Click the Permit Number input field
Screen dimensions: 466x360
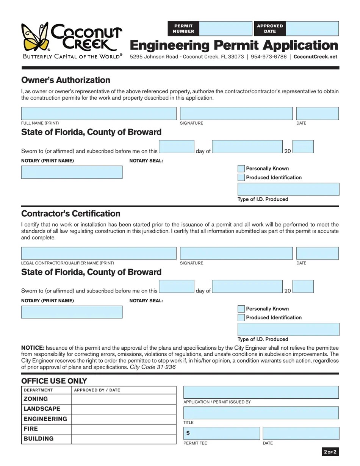[x=225, y=28]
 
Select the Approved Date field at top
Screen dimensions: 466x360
[x=312, y=28]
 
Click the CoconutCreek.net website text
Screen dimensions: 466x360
[x=315, y=57]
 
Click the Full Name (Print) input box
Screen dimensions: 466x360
[x=99, y=114]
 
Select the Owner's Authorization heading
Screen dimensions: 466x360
[x=66, y=80]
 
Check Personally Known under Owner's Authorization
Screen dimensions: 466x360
[x=241, y=169]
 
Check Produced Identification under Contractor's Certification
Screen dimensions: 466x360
[x=241, y=317]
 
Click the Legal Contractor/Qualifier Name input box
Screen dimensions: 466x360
[x=99, y=253]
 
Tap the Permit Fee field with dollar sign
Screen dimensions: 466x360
[x=222, y=433]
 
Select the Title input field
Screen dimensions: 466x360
[x=261, y=413]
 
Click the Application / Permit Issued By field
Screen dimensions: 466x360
[x=261, y=392]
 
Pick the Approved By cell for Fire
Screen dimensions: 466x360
[x=124, y=429]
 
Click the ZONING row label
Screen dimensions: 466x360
[x=36, y=399]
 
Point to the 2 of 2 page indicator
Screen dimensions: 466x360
[x=330, y=452]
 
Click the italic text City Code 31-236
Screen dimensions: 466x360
[x=153, y=367]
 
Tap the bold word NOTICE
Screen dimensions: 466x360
[x=33, y=348]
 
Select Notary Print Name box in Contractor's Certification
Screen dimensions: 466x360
[x=72, y=312]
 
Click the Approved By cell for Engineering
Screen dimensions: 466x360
[x=124, y=419]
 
